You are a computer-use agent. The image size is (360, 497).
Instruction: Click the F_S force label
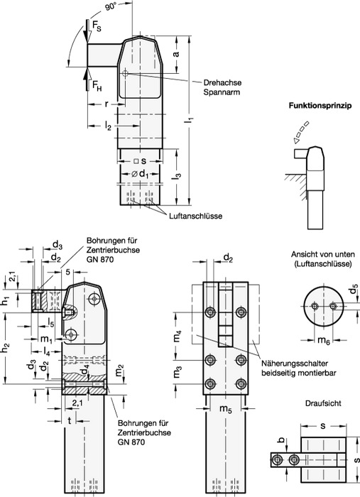[x=97, y=27]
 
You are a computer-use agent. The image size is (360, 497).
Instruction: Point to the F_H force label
[x=97, y=85]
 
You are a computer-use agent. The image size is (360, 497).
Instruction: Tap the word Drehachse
[x=222, y=83]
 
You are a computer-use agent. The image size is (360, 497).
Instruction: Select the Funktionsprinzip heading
[x=320, y=106]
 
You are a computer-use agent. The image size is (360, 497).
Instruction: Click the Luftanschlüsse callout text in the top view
[x=195, y=216]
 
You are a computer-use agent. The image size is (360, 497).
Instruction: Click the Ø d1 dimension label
[x=140, y=174]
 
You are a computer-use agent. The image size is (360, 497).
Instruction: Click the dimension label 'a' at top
[x=176, y=54]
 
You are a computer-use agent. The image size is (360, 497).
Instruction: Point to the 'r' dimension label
[x=107, y=104]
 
